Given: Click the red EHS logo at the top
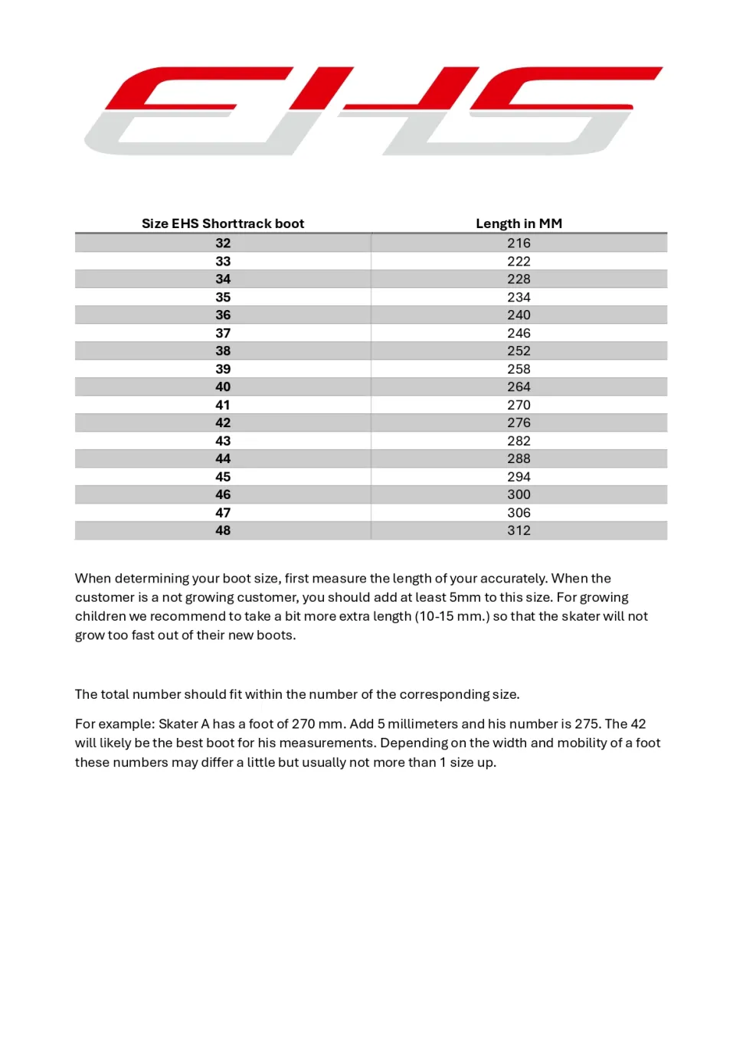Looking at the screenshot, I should pyautogui.click(x=373, y=110).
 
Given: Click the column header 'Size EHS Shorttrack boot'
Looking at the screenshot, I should pyautogui.click(x=223, y=224).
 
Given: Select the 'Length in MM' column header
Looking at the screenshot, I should pyautogui.click(x=519, y=224).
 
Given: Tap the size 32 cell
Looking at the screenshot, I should pyautogui.click(x=223, y=243).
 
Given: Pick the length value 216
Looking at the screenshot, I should pyautogui.click(x=519, y=243).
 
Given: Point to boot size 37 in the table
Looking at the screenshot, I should pyautogui.click(x=223, y=333).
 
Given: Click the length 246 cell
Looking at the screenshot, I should pyautogui.click(x=519, y=333).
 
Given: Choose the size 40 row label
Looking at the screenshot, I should pyautogui.click(x=223, y=387).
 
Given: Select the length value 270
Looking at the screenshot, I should pyautogui.click(x=519, y=405).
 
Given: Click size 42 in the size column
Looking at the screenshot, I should pyautogui.click(x=223, y=423).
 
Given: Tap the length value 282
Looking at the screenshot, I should pyautogui.click(x=519, y=441).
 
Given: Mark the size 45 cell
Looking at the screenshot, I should pyautogui.click(x=223, y=476).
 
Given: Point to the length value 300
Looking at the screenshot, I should pyautogui.click(x=519, y=494).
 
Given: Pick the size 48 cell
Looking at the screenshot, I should pyautogui.click(x=223, y=530).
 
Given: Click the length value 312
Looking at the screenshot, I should pyautogui.click(x=519, y=530).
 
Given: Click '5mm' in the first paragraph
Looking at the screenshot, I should pyautogui.click(x=465, y=597).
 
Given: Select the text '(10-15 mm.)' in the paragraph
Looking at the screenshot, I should pyautogui.click(x=452, y=616).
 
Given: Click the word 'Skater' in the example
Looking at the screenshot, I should pyautogui.click(x=178, y=724).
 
